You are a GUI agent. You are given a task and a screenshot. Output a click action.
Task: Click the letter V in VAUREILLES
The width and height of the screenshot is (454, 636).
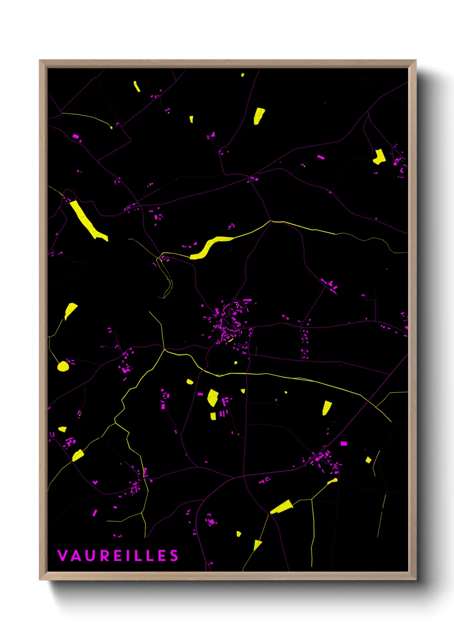click(62, 556)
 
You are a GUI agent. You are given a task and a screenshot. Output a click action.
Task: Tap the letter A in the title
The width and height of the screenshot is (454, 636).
click(76, 556)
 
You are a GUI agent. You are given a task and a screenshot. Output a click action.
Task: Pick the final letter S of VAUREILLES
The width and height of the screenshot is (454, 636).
click(174, 556)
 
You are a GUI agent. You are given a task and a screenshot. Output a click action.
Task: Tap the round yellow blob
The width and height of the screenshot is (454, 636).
click(63, 366)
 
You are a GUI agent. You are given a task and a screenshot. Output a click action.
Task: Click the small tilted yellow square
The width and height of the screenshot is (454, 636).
click(368, 460)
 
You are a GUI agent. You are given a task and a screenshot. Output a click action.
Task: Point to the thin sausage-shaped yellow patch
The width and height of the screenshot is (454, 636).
click(137, 86)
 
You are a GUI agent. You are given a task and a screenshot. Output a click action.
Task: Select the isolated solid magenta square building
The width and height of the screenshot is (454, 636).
click(344, 443)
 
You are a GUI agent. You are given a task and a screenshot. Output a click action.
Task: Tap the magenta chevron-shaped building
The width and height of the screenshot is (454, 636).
click(95, 482)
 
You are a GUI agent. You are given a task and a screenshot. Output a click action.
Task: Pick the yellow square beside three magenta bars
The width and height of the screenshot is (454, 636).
click(213, 416)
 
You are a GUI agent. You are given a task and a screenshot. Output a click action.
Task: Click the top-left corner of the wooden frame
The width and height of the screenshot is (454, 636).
click(40, 61)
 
